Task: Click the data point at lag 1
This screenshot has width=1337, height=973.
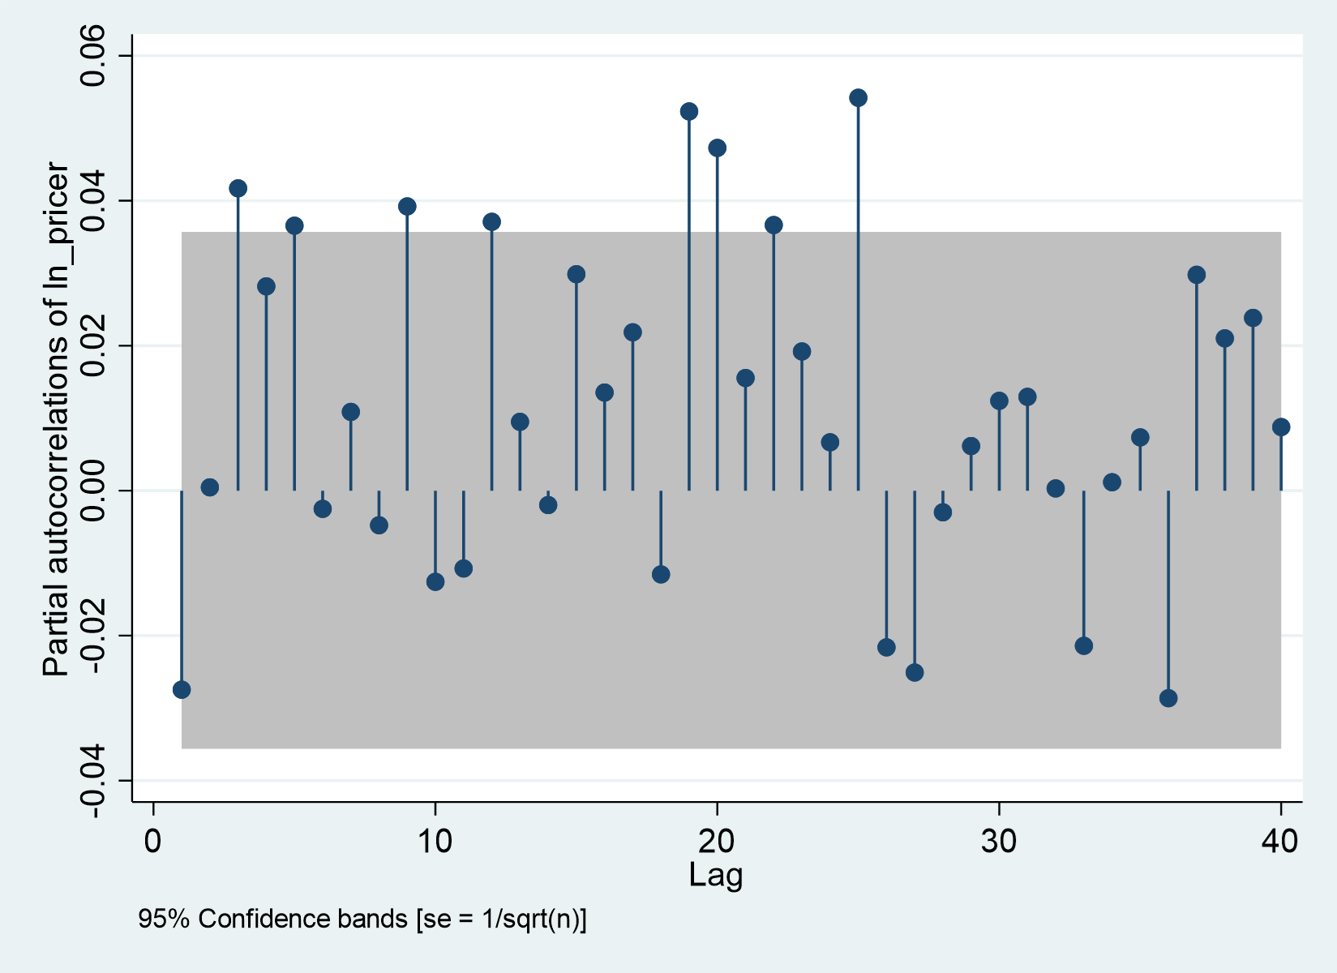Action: (182, 689)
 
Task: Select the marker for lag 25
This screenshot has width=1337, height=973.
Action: (858, 98)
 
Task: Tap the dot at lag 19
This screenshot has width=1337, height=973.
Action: (689, 111)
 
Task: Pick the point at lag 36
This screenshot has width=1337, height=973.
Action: (1168, 698)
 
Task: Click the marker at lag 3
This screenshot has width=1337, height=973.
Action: (238, 188)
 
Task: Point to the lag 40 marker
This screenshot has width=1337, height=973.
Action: (1281, 427)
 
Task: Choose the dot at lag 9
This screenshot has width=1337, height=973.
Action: (407, 206)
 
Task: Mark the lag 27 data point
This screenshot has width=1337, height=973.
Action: (915, 672)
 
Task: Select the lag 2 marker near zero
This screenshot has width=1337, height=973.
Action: (210, 487)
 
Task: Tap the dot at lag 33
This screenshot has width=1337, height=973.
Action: (1084, 645)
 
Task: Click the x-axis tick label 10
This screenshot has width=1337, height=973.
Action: (435, 842)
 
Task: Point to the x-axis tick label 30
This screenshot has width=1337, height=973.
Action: (998, 842)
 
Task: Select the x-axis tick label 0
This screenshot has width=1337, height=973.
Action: (153, 842)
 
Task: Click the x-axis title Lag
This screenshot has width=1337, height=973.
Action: (716, 875)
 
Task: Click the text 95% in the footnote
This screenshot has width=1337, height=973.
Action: (165, 919)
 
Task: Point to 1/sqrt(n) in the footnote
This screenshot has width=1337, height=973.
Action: (530, 919)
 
